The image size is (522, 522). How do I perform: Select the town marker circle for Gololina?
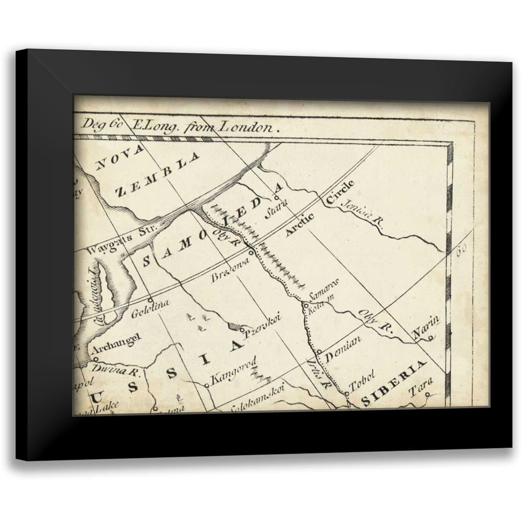(150, 300)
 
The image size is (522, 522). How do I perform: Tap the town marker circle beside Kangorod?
(207, 386)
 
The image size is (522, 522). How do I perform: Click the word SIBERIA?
(395, 382)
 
